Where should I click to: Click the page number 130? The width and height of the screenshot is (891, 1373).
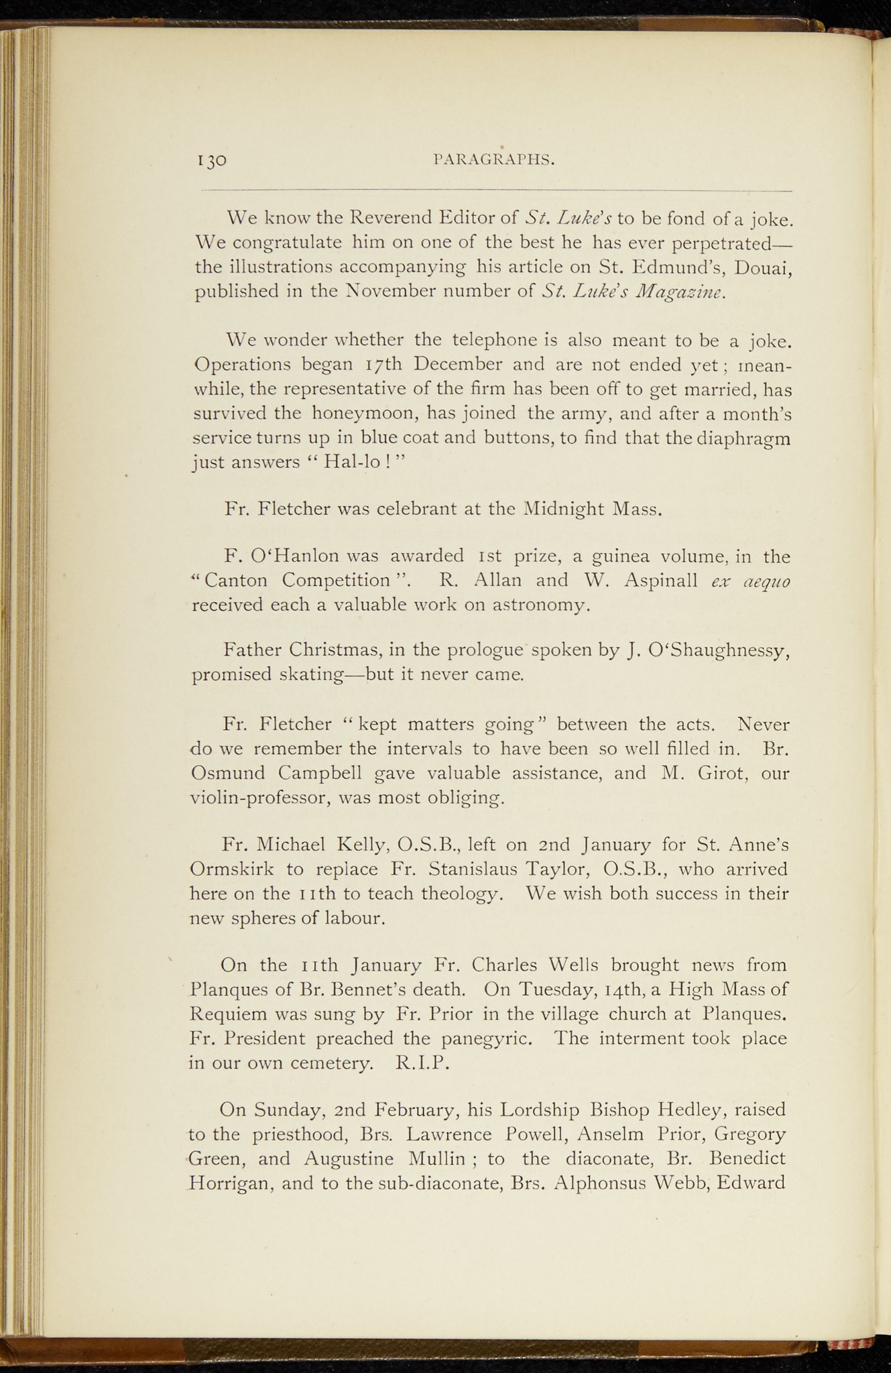point(212,160)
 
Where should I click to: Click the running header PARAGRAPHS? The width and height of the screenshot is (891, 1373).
point(494,160)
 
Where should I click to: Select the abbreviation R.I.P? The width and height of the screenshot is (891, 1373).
point(422,1063)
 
